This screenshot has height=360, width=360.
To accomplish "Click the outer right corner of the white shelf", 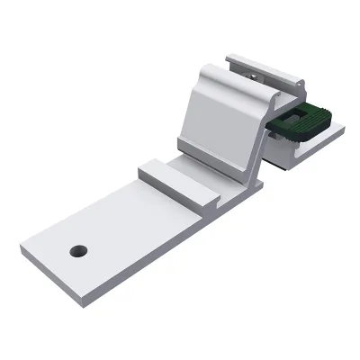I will pyautogui.click(x=344, y=130).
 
